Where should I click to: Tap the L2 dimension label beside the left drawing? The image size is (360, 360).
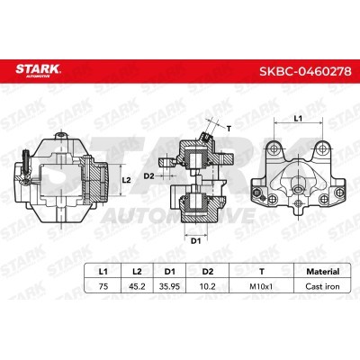point(127,180)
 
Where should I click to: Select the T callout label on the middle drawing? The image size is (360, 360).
point(228,130)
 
